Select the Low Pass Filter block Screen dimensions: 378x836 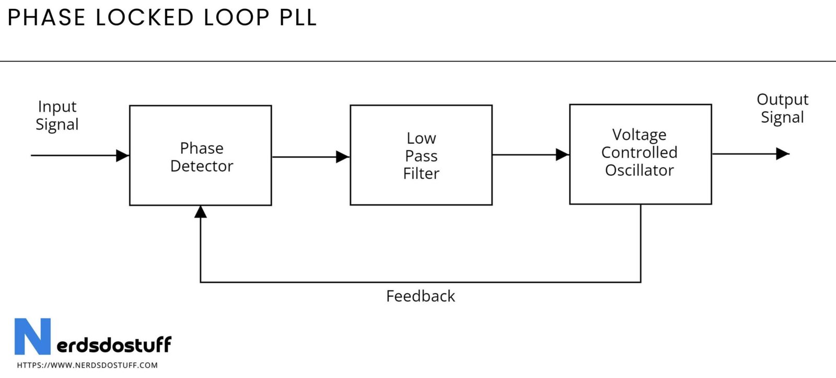point(421,156)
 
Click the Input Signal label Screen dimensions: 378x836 point(57,116)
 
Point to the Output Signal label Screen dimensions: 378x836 point(782,108)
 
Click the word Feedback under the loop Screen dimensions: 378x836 point(421,296)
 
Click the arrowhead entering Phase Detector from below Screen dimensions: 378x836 point(201,212)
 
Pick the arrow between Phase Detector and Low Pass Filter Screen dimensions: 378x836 point(310,156)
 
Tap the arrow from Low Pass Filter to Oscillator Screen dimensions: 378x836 point(530,155)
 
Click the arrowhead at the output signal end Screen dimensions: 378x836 point(782,154)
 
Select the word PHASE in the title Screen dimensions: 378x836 point(46,18)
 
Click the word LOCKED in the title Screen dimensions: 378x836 point(145,18)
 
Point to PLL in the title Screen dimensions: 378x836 point(298,18)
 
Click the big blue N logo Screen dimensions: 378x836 point(32,336)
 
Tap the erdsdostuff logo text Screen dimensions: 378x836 point(113,345)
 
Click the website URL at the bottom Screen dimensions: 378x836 point(87,365)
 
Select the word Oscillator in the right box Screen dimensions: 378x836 point(639,170)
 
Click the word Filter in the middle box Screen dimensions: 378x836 point(421,174)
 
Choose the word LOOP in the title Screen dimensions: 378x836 point(237,18)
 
